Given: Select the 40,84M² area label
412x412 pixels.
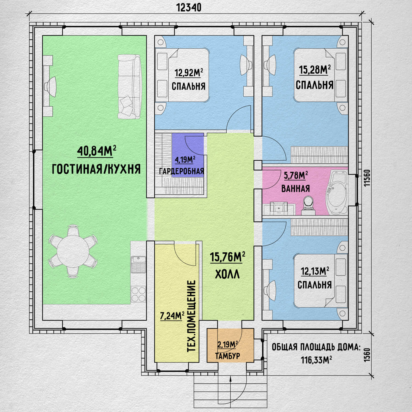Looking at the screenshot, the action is pyautogui.click(x=97, y=151).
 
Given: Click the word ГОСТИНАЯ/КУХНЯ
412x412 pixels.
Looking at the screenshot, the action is pyautogui.click(x=96, y=169).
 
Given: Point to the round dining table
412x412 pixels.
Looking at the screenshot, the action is pyautogui.click(x=73, y=251).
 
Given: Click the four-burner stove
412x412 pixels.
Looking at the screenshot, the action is pyautogui.click(x=138, y=294).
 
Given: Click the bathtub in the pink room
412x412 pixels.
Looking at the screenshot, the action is pyautogui.click(x=336, y=193).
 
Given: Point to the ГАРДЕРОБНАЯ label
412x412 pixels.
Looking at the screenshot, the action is pyautogui.click(x=182, y=171).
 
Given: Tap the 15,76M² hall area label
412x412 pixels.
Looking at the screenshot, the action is pyautogui.click(x=228, y=257).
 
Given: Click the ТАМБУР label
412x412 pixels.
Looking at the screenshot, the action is pyautogui.click(x=228, y=356).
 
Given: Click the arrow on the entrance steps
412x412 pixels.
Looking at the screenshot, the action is pyautogui.click(x=230, y=390).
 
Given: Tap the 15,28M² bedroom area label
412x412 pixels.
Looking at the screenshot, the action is pyautogui.click(x=315, y=70).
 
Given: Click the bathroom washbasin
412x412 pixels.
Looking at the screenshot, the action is pyautogui.click(x=279, y=208).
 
